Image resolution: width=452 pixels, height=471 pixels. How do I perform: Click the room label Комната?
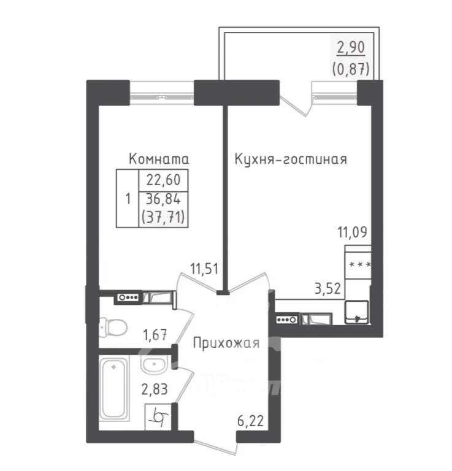tap(159, 159)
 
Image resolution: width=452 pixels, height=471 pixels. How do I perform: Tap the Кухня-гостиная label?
tap(291, 159)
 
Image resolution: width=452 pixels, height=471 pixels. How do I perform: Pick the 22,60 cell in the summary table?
tap(164, 180)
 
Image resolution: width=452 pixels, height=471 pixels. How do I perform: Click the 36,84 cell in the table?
tap(164, 198)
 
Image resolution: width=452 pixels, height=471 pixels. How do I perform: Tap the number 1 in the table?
tap(128, 198)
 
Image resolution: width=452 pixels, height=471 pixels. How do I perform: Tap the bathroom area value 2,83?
tap(155, 389)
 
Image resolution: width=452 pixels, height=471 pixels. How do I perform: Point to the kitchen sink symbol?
tap(356, 312)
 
